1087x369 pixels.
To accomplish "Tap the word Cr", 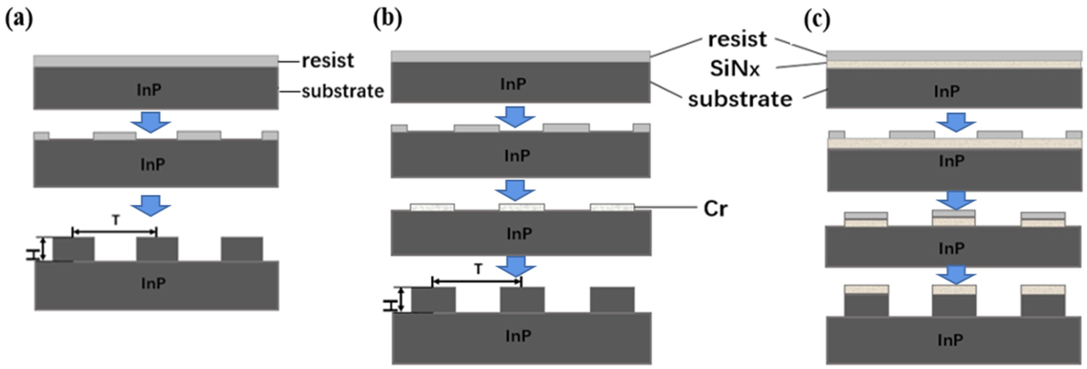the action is (x=716, y=208).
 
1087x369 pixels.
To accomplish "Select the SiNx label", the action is (x=735, y=68).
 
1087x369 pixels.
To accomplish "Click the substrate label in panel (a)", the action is (x=343, y=91).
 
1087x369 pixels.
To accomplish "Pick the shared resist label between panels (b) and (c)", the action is (x=737, y=39).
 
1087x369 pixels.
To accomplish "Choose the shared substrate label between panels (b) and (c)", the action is (x=740, y=100).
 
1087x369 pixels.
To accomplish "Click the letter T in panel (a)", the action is (x=116, y=220).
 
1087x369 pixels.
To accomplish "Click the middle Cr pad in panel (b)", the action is (x=522, y=207).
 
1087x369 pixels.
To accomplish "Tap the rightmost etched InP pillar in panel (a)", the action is (x=242, y=249).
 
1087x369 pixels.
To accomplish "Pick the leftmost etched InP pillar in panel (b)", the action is (x=434, y=300).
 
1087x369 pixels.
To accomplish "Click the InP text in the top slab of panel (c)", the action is (x=947, y=91).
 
